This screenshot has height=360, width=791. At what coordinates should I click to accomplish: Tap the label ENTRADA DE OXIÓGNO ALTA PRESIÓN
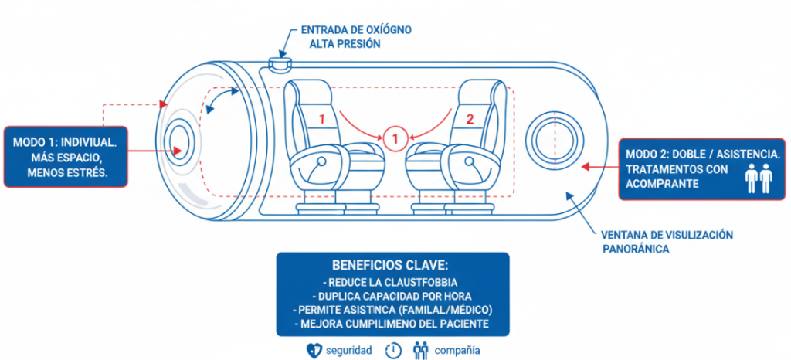click(355, 36)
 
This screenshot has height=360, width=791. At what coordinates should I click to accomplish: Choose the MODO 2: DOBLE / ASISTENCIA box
click(702, 169)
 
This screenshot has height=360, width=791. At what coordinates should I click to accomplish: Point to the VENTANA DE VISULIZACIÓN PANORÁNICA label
click(666, 241)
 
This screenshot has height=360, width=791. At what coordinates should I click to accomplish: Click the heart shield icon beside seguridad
click(314, 350)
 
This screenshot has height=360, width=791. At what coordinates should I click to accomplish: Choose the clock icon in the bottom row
click(394, 350)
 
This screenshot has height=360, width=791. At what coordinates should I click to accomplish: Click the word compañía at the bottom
click(457, 350)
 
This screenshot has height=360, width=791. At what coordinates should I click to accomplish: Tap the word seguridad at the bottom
click(349, 350)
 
